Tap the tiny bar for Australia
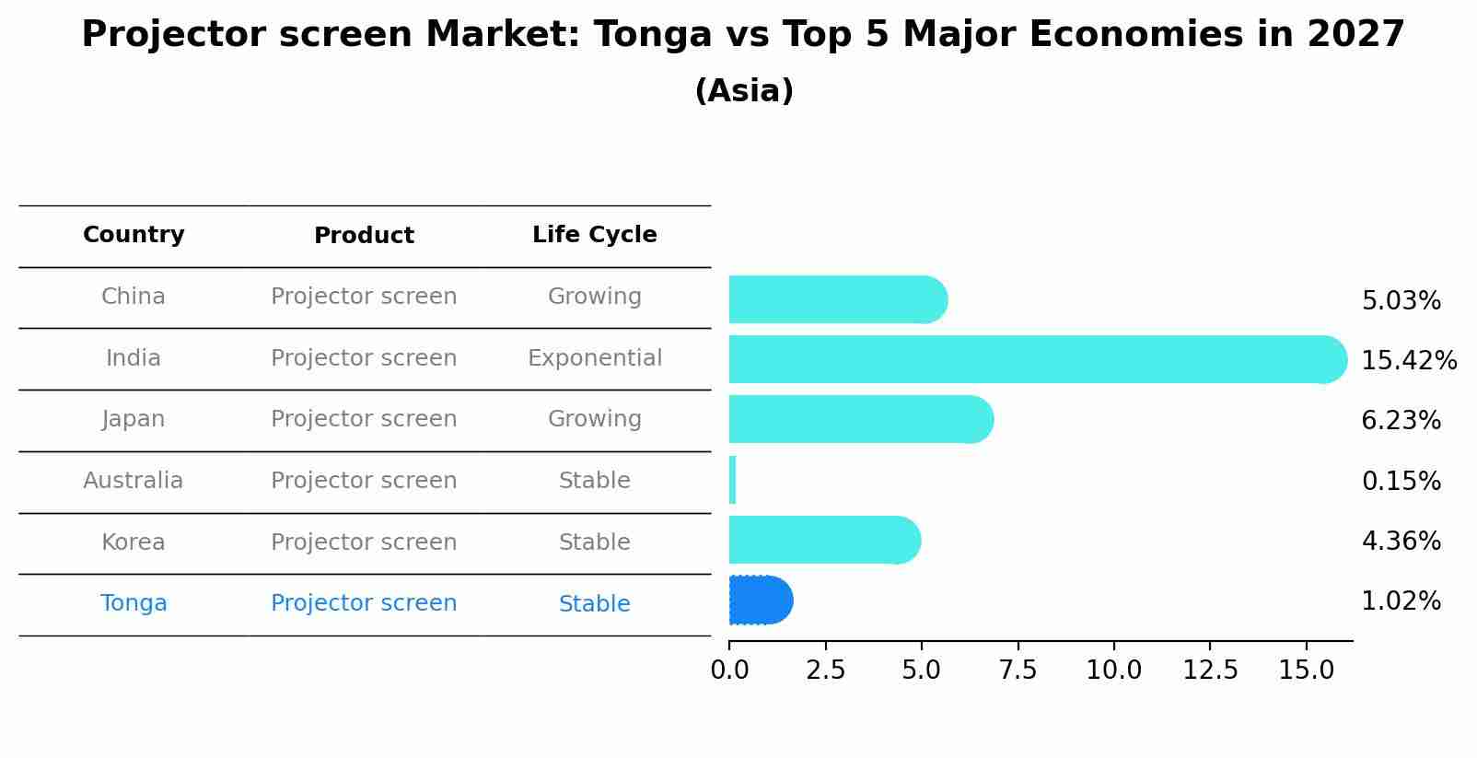click(732, 480)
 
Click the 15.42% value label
click(1408, 361)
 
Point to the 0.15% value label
click(1401, 481)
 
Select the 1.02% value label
click(1401, 601)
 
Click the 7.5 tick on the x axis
click(1018, 671)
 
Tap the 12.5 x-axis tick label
click(1210, 671)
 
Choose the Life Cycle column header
click(594, 235)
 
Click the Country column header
click(134, 235)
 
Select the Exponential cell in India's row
click(594, 358)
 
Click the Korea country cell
click(134, 542)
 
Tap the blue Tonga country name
click(134, 603)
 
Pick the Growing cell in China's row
click(594, 297)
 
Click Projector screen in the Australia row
click(364, 481)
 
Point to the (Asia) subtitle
click(744, 91)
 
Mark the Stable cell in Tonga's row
click(594, 604)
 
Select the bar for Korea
click(824, 540)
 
